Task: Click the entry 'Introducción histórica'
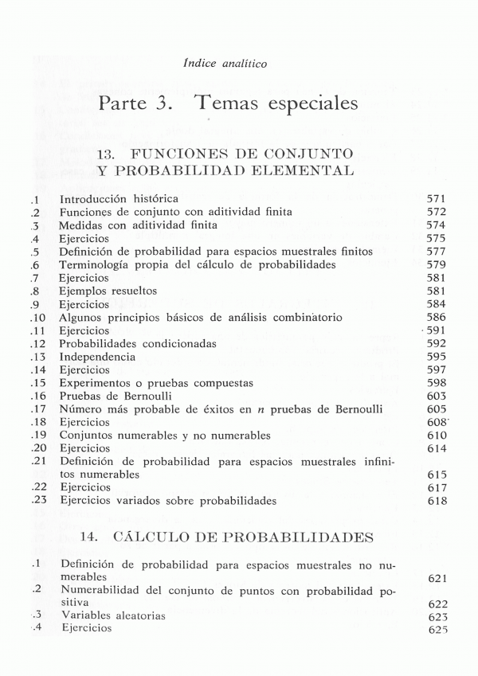119,198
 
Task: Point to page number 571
437,198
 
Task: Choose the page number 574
437,225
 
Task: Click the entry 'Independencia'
97,357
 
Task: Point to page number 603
437,396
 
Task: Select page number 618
437,502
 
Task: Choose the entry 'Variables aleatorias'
113,615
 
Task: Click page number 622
437,604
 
